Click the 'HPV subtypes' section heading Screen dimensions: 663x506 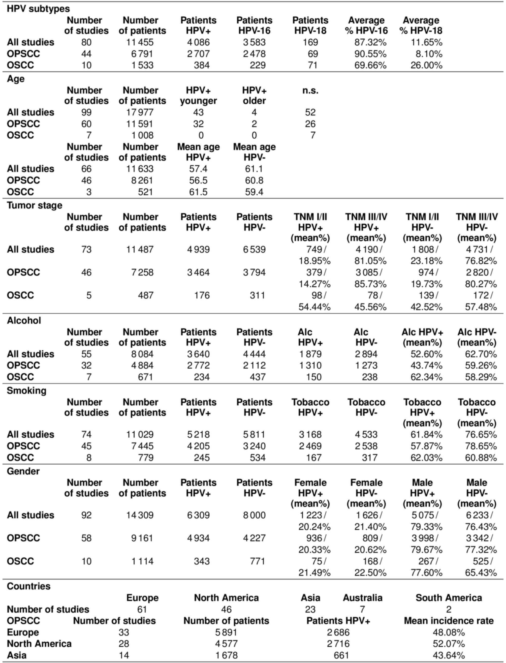point(38,9)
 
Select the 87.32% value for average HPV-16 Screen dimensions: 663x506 point(370,42)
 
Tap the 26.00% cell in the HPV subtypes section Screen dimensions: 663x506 point(426,65)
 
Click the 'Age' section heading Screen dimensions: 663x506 point(16,79)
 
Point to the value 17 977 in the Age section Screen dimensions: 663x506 point(140,112)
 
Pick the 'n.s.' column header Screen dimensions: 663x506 point(310,90)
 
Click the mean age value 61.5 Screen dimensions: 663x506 point(198,192)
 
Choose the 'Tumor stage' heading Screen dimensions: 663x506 point(34,205)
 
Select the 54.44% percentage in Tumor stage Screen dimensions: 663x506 point(314,307)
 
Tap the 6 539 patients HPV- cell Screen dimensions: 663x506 point(254,249)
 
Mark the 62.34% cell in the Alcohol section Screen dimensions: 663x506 point(426,377)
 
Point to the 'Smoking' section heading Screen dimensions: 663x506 point(26,391)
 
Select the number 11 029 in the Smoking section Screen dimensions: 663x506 point(140,434)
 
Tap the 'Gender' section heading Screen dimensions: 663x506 point(23,471)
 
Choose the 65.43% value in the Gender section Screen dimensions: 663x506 point(481,573)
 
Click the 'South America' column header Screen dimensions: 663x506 point(449,598)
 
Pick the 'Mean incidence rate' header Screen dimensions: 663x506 point(449,621)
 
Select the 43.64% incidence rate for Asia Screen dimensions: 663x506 point(449,655)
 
